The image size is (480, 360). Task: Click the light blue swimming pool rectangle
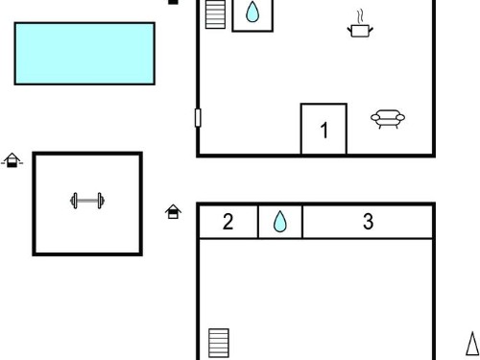pos(84,54)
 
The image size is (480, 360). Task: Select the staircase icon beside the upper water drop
pos(215,14)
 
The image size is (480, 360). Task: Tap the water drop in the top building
pos(252,12)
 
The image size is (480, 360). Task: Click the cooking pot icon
pos(360,31)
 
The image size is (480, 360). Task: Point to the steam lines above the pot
pos(360,16)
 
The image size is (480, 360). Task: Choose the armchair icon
pos(388,119)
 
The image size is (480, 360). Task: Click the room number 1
pos(324,131)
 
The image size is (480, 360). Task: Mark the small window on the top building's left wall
pos(198,117)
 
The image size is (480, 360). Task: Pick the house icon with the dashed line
pos(12,160)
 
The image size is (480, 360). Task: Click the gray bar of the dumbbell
pos(87,201)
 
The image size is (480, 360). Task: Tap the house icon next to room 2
pos(173,211)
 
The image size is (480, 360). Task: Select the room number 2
pos(228,222)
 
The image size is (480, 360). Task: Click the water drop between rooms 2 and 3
pos(280,221)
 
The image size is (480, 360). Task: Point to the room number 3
pos(368,222)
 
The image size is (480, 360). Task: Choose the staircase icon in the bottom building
pos(219,343)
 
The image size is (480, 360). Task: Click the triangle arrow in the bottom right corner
pos(472,344)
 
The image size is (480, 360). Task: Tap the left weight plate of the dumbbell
pos(74,201)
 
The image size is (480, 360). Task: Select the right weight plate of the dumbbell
pos(101,201)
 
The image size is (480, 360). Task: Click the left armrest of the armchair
pos(375,118)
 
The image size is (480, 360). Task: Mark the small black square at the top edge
pos(173,2)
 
